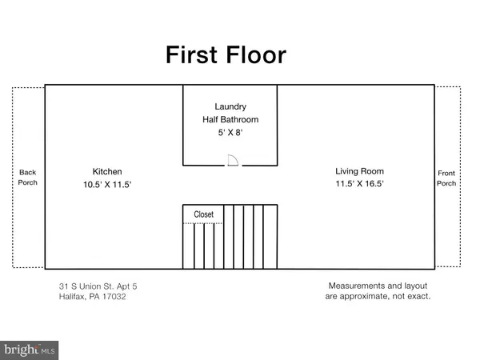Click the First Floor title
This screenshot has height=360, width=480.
(225, 56)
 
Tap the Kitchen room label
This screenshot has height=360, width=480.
(106, 171)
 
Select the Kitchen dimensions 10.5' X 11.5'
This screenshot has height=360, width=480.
(106, 185)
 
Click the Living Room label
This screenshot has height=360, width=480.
(359, 171)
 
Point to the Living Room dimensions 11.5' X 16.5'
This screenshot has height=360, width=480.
(359, 185)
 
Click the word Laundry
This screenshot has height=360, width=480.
(230, 106)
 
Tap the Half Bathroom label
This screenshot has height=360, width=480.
(230, 120)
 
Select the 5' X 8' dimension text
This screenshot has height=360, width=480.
(230, 134)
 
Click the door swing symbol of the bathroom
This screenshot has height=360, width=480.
(233, 160)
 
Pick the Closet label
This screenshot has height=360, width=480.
(204, 214)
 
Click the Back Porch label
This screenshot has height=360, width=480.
(27, 178)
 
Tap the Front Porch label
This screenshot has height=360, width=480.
(446, 178)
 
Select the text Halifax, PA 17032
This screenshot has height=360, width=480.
(92, 297)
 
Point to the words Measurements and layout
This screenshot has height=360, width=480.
(379, 286)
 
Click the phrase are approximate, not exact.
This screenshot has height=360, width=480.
(379, 297)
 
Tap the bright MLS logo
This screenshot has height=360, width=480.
(30, 349)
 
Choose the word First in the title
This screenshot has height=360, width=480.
(191, 56)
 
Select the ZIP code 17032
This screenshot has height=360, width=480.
(113, 297)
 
